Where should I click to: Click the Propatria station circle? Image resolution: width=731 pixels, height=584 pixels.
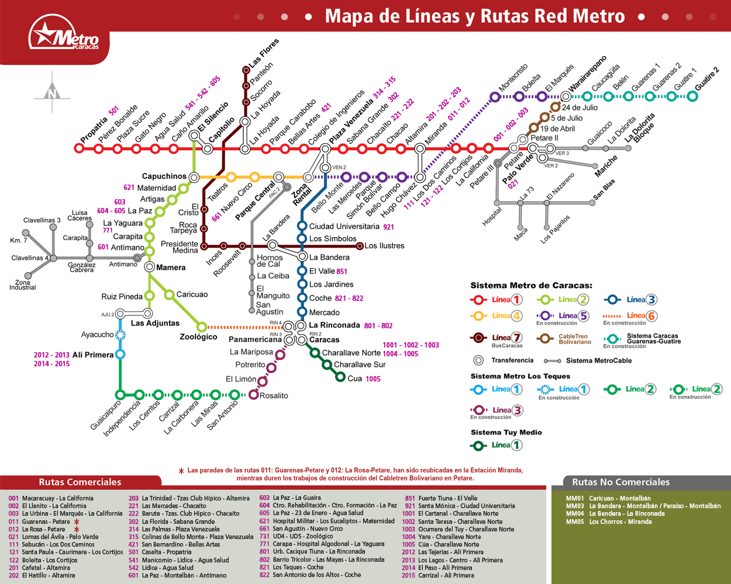(x=79, y=148)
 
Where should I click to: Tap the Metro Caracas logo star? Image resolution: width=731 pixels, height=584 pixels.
(x=45, y=33)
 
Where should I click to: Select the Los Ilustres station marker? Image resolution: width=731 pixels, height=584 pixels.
(x=360, y=246)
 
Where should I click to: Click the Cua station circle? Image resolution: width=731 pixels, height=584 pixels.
(x=340, y=377)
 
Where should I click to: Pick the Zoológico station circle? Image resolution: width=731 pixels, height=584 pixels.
(x=202, y=327)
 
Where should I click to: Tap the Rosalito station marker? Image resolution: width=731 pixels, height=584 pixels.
(x=253, y=395)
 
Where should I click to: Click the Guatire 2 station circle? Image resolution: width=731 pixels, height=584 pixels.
(x=692, y=96)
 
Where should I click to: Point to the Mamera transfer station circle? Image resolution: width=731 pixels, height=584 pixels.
(x=150, y=267)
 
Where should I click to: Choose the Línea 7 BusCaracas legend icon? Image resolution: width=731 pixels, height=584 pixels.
(x=478, y=338)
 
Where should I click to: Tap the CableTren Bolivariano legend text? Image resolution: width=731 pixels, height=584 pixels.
(x=575, y=339)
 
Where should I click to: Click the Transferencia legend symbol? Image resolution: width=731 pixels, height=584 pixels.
(x=478, y=360)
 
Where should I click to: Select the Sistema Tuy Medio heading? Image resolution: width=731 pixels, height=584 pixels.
(x=506, y=432)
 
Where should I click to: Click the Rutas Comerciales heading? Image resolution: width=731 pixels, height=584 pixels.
(x=80, y=482)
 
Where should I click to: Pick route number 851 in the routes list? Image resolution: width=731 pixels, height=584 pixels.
(x=410, y=498)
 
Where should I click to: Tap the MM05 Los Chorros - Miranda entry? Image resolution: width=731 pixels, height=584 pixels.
(x=609, y=522)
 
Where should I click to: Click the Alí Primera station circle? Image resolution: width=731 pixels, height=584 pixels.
(x=120, y=354)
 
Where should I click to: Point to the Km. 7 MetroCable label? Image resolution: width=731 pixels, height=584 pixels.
(x=18, y=241)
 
